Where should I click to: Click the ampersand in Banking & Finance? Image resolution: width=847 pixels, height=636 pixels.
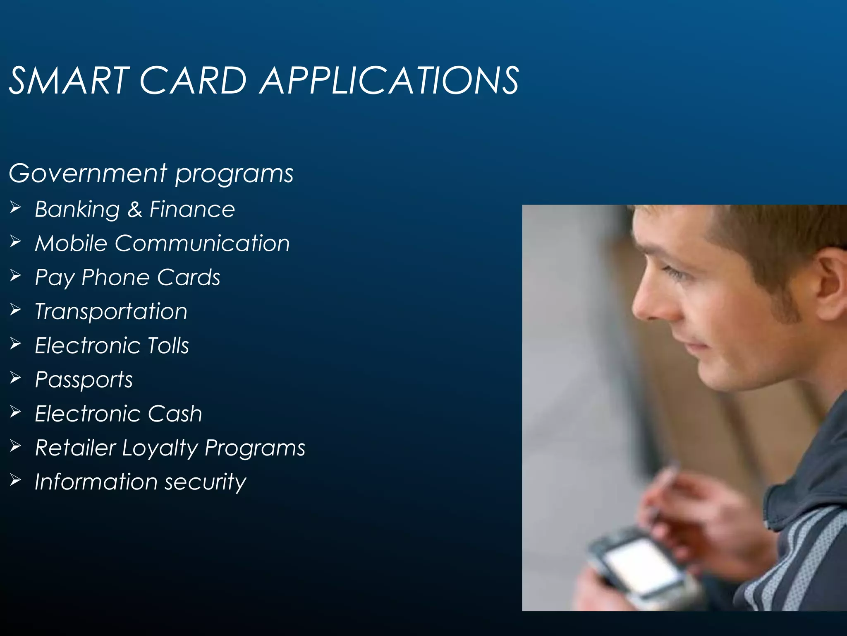point(135,209)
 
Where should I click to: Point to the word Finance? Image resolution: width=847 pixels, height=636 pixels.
point(192,209)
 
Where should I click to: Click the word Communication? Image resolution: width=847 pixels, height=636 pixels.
point(202,243)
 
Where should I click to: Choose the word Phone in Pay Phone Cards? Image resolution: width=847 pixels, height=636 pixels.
point(115,277)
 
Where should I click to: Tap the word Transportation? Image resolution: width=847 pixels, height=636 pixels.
point(111,311)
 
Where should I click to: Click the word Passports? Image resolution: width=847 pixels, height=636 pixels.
point(84,380)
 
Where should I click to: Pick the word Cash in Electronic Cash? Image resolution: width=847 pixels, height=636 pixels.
point(175,414)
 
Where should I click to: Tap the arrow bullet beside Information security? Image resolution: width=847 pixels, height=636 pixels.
point(15,480)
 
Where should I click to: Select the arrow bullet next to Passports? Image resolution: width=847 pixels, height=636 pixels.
point(15,378)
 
